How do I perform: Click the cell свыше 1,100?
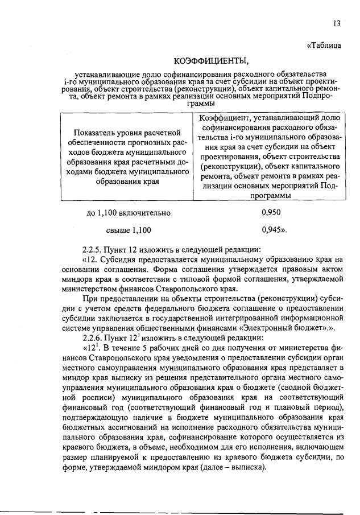(x=129, y=230)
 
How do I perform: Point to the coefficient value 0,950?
(x=271, y=213)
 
